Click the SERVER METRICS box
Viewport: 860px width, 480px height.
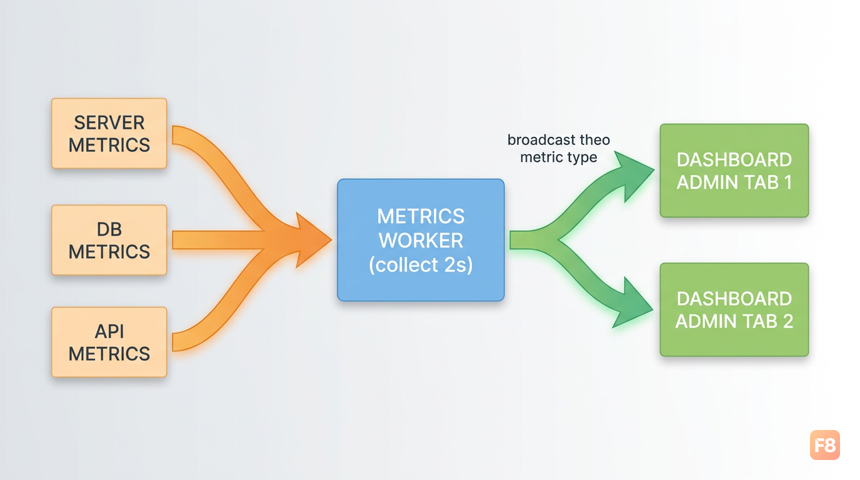coord(109,133)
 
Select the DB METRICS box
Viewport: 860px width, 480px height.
coord(109,240)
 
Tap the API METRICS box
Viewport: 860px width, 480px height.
coord(109,342)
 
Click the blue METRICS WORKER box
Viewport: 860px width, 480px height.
coord(421,240)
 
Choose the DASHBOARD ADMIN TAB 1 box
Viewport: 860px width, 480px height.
coord(734,171)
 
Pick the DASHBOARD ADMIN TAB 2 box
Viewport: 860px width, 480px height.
coord(734,310)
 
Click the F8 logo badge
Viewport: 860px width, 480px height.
coord(825,445)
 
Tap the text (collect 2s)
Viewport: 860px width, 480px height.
coord(421,264)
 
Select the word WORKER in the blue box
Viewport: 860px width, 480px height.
coord(421,241)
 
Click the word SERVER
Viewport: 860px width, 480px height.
coord(109,123)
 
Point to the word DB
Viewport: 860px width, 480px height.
coord(109,229)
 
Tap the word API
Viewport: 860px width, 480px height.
coord(109,331)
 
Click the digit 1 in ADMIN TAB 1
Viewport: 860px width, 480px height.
coord(788,182)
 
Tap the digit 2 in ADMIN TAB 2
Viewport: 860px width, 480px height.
coord(788,321)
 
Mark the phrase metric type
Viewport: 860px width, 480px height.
coord(559,157)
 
